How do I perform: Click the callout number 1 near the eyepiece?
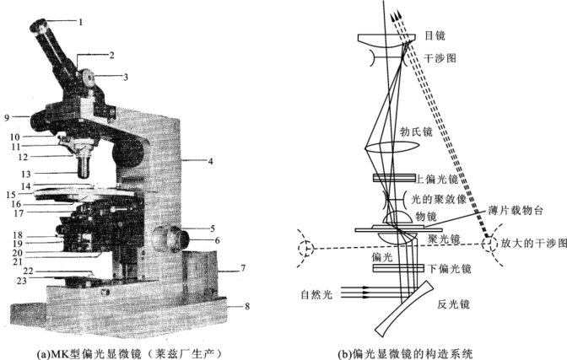[81, 21]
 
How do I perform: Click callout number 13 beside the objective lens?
[51, 173]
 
